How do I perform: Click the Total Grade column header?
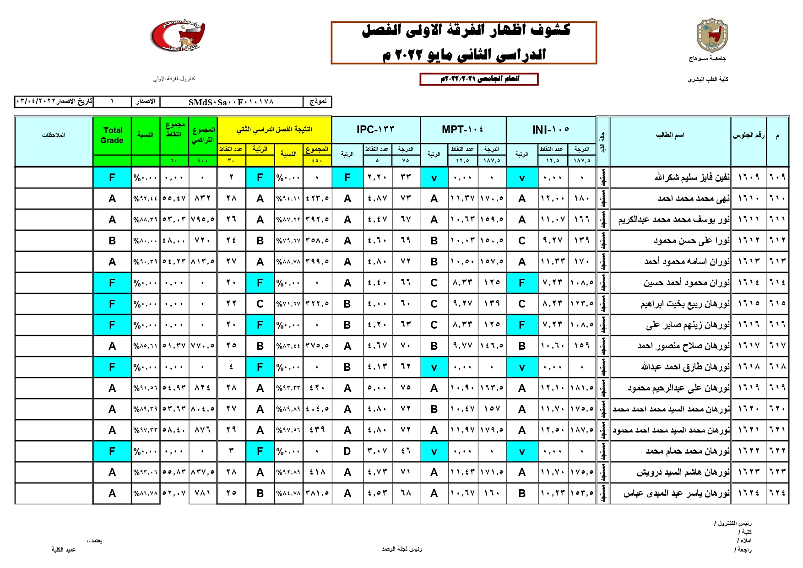tap(112, 135)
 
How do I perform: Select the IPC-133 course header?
tap(375, 130)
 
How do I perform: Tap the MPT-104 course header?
tap(462, 130)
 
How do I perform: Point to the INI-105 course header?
tap(551, 130)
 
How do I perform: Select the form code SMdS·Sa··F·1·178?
tap(231, 102)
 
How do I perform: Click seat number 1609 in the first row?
tap(749, 178)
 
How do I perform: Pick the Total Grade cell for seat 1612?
tap(112, 241)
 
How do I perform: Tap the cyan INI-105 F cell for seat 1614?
tap(521, 283)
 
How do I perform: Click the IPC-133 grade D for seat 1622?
tap(347, 451)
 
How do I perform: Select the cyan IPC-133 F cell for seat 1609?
tap(347, 178)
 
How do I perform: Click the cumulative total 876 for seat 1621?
tap(202, 430)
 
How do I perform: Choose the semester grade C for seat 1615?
tap(260, 304)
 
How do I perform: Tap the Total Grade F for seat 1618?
tap(112, 367)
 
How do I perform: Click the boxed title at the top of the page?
tap(464, 43)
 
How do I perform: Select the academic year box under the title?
tap(479, 79)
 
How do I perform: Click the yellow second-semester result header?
tap(274, 130)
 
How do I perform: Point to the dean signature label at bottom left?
tap(64, 549)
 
